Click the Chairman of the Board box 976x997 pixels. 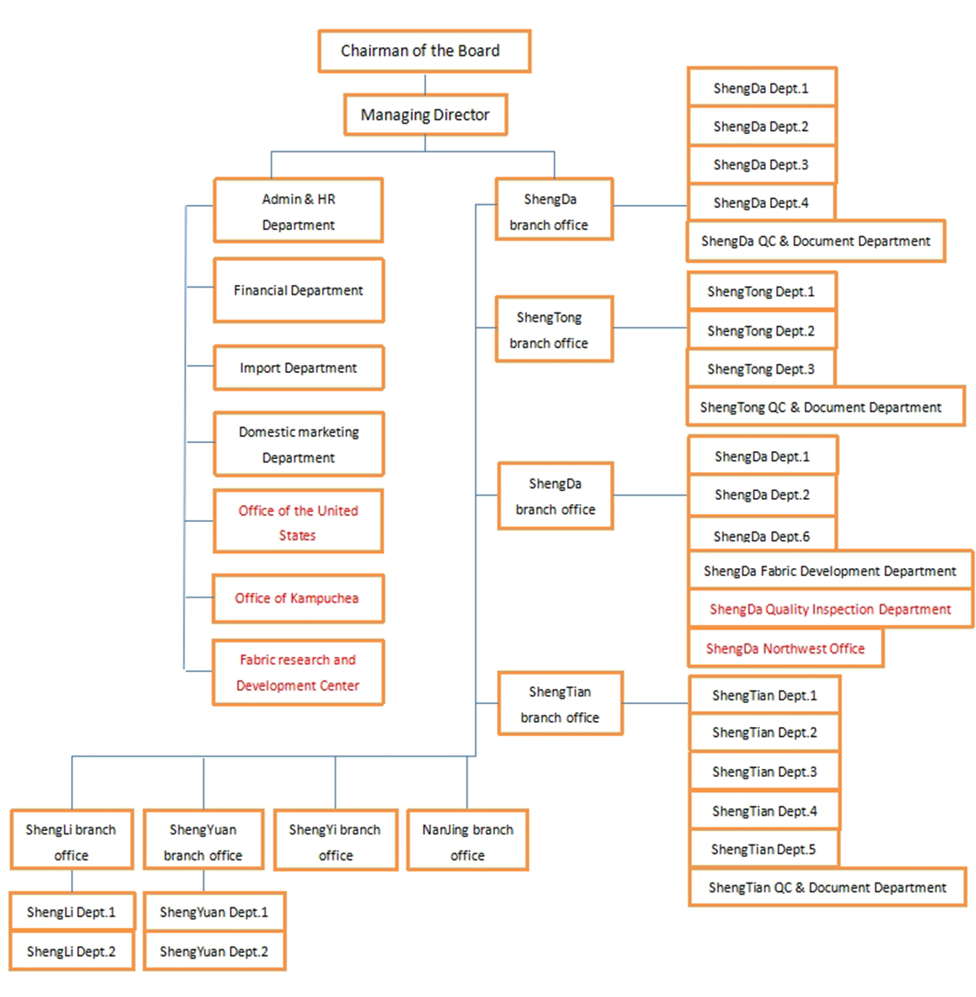(x=424, y=51)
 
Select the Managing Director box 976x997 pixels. (x=426, y=115)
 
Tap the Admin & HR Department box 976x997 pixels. (x=299, y=210)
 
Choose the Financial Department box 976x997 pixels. (x=299, y=290)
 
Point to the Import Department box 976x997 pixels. (x=299, y=368)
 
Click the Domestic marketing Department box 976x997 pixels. (x=299, y=444)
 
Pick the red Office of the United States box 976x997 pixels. (x=299, y=521)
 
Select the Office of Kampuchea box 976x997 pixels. (x=298, y=598)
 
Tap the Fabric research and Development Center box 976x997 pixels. (x=298, y=672)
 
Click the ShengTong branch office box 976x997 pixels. (x=554, y=329)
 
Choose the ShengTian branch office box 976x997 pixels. (x=561, y=704)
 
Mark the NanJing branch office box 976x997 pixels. (x=468, y=840)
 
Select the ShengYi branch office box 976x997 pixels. (x=335, y=840)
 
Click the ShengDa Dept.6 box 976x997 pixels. (x=762, y=534)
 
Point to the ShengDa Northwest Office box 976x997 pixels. (x=786, y=648)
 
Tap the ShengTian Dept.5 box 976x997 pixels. (x=765, y=849)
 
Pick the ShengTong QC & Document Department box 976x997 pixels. (x=826, y=407)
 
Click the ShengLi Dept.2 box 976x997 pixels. (x=72, y=951)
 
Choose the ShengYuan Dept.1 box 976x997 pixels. (x=214, y=912)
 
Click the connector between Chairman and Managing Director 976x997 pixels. (x=425, y=83)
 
